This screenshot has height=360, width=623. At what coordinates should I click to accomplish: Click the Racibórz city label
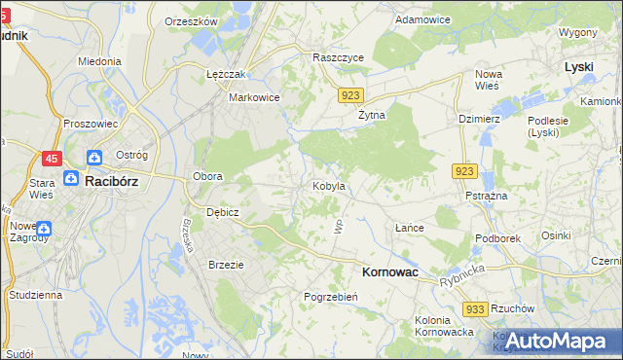(x=115, y=180)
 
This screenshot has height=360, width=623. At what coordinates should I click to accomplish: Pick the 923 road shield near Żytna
(x=352, y=94)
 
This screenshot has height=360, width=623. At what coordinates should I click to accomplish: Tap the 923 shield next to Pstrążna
(x=464, y=171)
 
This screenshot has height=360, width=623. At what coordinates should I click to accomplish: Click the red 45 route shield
(x=53, y=158)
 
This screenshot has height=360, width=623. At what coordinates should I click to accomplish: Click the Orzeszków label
(x=190, y=20)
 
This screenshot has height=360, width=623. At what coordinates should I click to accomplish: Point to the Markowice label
(x=254, y=97)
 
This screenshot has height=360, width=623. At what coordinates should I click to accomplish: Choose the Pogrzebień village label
(x=332, y=297)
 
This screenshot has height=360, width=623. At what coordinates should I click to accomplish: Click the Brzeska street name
(x=185, y=234)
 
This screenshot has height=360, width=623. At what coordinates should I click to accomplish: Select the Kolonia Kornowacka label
(x=444, y=326)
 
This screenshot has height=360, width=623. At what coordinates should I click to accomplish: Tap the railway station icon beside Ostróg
(x=94, y=158)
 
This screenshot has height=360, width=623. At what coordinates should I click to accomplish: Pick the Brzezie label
(x=226, y=264)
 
